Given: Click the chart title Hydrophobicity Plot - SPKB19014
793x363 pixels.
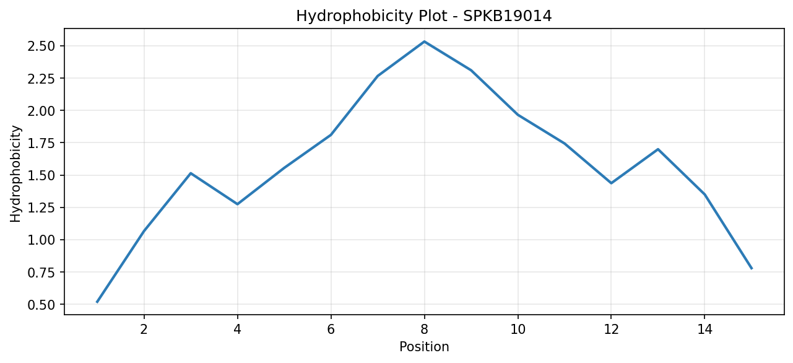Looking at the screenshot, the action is [x=424, y=16].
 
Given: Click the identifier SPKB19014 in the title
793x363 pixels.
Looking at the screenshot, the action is [x=507, y=16].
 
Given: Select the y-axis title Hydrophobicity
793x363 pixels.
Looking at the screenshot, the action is [x=15, y=174].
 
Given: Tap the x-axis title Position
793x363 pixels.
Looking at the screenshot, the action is [x=424, y=347].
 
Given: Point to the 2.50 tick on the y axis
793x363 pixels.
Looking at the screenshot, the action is [x=41, y=46].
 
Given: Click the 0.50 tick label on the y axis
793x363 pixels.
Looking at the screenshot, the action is [x=41, y=305].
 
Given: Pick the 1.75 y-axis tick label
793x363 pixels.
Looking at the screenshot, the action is [x=41, y=143].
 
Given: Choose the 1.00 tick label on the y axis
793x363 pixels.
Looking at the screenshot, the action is [x=41, y=240].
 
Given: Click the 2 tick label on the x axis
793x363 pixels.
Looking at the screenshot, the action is [x=144, y=330].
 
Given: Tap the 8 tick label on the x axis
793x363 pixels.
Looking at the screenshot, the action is [x=424, y=330].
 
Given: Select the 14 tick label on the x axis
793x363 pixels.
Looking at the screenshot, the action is [x=704, y=330].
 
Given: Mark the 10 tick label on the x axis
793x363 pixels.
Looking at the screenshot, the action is [x=518, y=330].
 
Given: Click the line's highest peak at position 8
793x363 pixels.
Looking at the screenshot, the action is [x=424, y=42].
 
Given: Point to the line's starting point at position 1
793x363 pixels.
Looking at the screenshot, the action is [x=97, y=302].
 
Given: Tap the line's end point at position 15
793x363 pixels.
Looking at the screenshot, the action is [x=752, y=269].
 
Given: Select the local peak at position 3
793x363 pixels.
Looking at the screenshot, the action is [x=191, y=173].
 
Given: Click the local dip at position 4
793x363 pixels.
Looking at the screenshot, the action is [x=237, y=204].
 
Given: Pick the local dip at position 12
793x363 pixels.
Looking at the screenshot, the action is [x=611, y=183].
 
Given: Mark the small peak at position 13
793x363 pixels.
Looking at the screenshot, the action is [x=658, y=149].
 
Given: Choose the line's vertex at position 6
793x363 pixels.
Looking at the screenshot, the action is [x=331, y=135].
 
